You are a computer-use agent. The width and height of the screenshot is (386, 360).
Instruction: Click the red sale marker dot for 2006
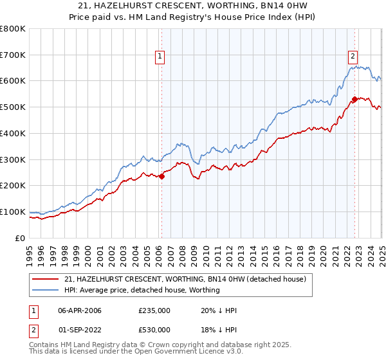pyautogui.click(x=161, y=177)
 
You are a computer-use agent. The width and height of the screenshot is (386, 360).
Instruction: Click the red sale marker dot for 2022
pyautogui.click(x=354, y=99)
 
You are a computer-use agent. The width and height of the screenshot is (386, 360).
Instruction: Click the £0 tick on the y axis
pyautogui.click(x=21, y=238)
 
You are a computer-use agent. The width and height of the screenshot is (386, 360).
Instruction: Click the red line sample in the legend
pyautogui.click(x=45, y=279)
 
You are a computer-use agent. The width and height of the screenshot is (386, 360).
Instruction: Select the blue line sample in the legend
pyautogui.click(x=45, y=290)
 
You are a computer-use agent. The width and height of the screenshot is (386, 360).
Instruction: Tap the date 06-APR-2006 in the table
pyautogui.click(x=80, y=310)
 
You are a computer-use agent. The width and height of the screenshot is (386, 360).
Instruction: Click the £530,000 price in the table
pyautogui.click(x=154, y=330)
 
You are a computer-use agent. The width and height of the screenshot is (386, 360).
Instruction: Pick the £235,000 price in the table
pyautogui.click(x=154, y=310)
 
